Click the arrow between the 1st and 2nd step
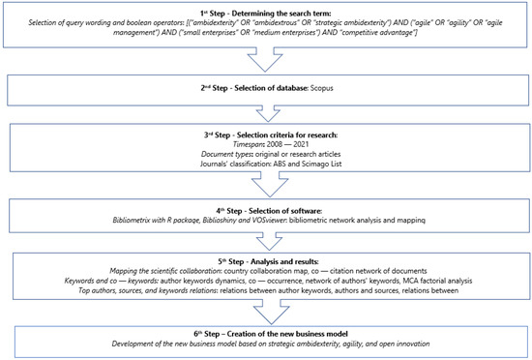[x=264, y=58]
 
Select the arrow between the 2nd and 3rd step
[x=264, y=110]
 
